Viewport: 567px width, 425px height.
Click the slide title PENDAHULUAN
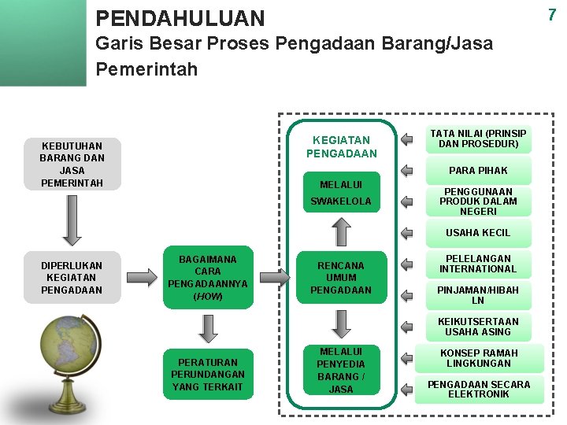180,17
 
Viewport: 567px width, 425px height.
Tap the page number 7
552,14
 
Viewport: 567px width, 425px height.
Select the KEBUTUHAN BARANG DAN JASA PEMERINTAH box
72,164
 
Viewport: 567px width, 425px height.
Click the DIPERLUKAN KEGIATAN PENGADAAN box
72,277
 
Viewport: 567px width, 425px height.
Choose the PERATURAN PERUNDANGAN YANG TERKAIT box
208,375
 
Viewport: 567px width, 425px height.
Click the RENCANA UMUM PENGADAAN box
341,278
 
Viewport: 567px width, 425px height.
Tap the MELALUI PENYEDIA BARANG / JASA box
341,370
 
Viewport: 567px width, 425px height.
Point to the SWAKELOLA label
340,201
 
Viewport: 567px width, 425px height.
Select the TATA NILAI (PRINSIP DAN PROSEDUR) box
478,139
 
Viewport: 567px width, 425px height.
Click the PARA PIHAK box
478,170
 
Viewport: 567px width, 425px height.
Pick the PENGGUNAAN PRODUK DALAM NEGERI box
478,201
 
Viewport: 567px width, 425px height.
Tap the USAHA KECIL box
478,232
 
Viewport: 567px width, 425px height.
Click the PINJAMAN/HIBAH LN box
478,295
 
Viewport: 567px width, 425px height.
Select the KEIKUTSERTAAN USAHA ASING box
478,327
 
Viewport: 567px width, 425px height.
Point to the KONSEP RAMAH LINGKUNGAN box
479,358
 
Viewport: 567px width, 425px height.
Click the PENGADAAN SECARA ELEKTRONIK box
479,389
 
